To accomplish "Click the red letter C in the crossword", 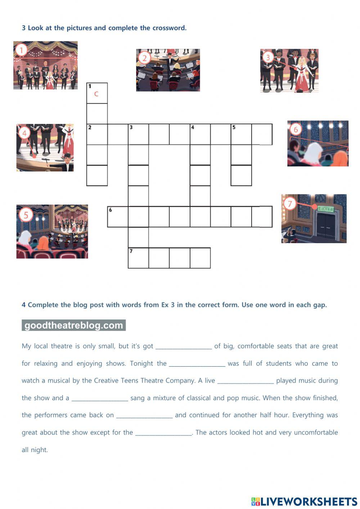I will coord(96,94).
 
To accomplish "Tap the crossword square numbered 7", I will coord(138,258).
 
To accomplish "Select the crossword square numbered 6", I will coord(118,216).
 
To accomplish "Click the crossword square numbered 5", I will coord(241,134).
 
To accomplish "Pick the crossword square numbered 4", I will coord(200,134).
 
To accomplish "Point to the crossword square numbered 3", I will coord(138,134).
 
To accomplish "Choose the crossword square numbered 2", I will coord(97,134).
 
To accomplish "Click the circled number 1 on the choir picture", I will coord(22,50).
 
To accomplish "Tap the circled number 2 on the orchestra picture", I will coord(144,58).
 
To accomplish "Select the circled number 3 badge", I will coord(267,57).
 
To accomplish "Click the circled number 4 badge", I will coord(24,133).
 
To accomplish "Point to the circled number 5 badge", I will coord(26,215).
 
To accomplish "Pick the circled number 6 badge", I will coord(296,129).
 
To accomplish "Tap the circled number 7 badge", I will coord(290,204).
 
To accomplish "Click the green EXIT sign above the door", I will coord(326,209).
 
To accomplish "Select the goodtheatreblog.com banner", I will coord(74,325).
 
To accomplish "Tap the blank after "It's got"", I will coord(184,346).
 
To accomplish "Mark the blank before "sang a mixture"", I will coord(100,398).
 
